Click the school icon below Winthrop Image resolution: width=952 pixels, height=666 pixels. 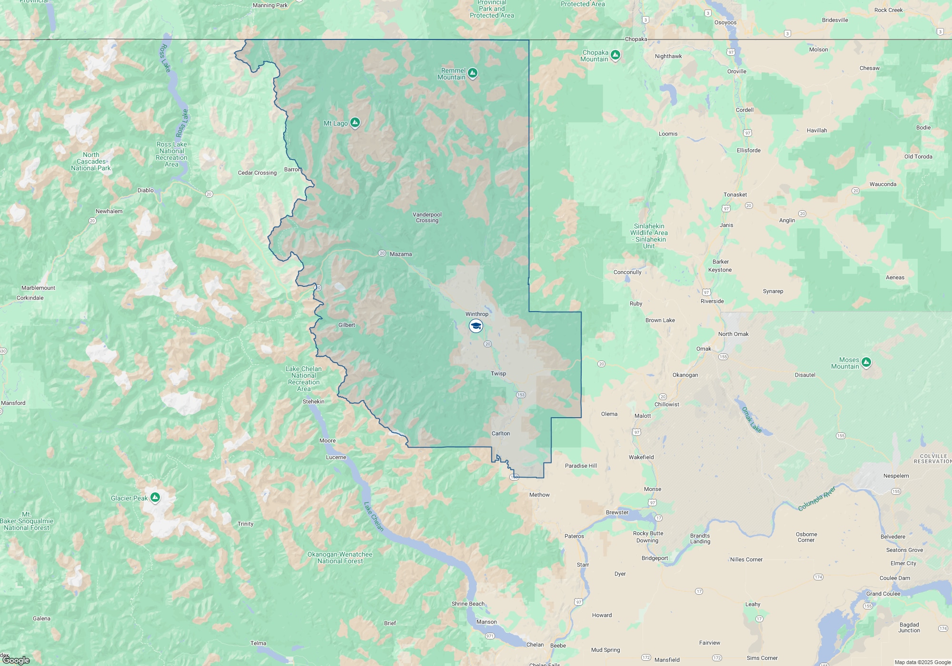(476, 326)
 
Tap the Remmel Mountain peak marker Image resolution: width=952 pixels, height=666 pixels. (473, 73)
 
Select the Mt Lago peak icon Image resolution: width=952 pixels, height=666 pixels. (355, 123)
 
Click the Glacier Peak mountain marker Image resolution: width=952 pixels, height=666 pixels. (155, 498)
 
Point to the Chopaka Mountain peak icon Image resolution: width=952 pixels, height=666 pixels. (615, 55)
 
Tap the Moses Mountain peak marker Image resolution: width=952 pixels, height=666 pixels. (866, 362)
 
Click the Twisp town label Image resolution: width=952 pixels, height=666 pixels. (498, 373)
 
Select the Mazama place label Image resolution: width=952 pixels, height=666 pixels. (401, 254)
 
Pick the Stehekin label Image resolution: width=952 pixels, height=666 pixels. (314, 402)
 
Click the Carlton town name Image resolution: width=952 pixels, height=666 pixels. (501, 433)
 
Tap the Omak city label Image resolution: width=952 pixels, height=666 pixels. (704, 349)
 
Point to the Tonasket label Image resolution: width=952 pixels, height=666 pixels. (735, 195)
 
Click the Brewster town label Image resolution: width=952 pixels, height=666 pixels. (617, 512)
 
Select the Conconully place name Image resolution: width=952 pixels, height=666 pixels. (627, 272)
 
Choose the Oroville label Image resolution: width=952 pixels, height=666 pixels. (737, 71)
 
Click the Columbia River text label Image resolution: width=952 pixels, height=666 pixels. (817, 498)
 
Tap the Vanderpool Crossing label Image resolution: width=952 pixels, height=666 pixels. (427, 217)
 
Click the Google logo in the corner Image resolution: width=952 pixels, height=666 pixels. (16, 660)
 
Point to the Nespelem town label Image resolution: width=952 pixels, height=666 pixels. (896, 476)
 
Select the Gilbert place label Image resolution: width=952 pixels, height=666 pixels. (347, 325)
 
